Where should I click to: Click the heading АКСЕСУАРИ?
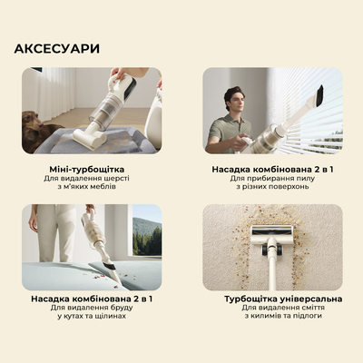point(57,48)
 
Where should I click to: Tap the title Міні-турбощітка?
point(91,169)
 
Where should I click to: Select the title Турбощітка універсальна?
point(272,299)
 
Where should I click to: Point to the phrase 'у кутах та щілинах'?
point(91,317)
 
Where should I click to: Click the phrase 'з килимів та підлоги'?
point(272,318)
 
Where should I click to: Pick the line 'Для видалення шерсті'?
point(91,180)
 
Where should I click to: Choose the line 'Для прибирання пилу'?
point(272,180)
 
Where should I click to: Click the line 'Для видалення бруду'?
point(91,308)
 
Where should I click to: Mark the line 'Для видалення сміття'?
point(272,308)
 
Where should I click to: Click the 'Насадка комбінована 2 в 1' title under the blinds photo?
point(272,169)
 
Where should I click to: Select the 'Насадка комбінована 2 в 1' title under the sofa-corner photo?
point(91,299)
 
